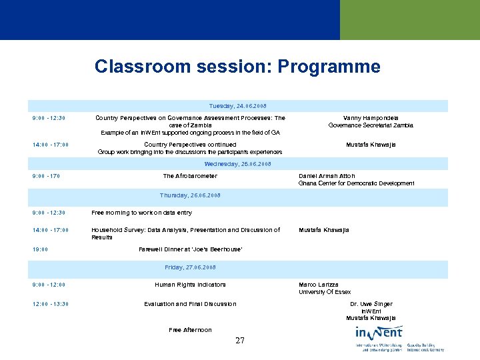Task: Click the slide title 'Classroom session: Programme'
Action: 237,67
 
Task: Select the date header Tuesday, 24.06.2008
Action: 237,105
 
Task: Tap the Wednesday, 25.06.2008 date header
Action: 237,163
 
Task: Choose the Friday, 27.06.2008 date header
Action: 190,267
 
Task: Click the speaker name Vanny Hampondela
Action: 371,118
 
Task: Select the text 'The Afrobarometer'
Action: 190,176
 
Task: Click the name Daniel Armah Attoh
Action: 327,176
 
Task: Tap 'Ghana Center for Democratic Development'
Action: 356,183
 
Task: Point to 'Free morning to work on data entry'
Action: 141,213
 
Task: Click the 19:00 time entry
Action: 40,249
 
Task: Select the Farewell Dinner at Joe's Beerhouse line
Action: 190,249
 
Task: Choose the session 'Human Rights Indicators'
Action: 190,285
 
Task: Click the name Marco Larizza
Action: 317,285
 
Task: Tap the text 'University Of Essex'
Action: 325,292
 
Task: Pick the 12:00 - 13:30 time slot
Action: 50,304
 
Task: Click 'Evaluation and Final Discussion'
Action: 190,304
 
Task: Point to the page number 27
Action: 240,341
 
